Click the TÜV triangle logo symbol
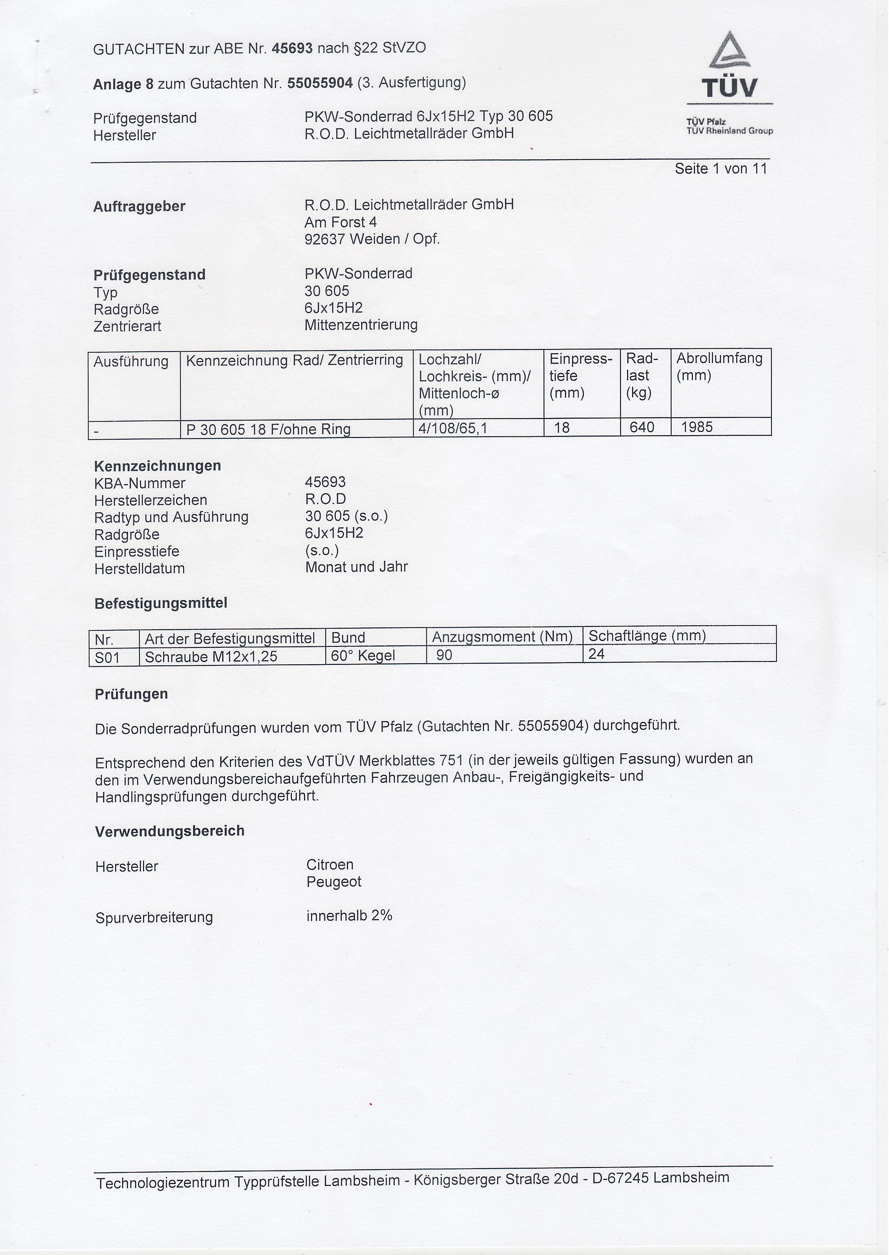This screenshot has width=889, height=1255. (730, 51)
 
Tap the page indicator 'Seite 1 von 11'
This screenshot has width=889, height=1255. (720, 169)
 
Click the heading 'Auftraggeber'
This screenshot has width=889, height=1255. (139, 206)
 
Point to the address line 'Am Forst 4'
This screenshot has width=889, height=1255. (340, 222)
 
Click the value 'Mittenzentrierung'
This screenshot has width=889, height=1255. (361, 325)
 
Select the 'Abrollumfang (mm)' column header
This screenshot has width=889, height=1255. (719, 367)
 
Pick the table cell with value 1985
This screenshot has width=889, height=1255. (696, 427)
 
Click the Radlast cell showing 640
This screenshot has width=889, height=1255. (642, 427)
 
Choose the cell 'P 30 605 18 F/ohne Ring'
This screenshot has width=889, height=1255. (268, 429)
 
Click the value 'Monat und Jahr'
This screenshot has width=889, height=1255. (356, 567)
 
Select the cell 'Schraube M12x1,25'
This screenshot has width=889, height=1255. (211, 656)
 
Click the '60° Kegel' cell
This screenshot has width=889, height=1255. (363, 655)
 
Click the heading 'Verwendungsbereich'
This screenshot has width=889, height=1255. (170, 831)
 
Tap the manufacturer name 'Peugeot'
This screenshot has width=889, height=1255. (334, 882)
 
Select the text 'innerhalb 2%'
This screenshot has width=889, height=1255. (349, 916)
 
